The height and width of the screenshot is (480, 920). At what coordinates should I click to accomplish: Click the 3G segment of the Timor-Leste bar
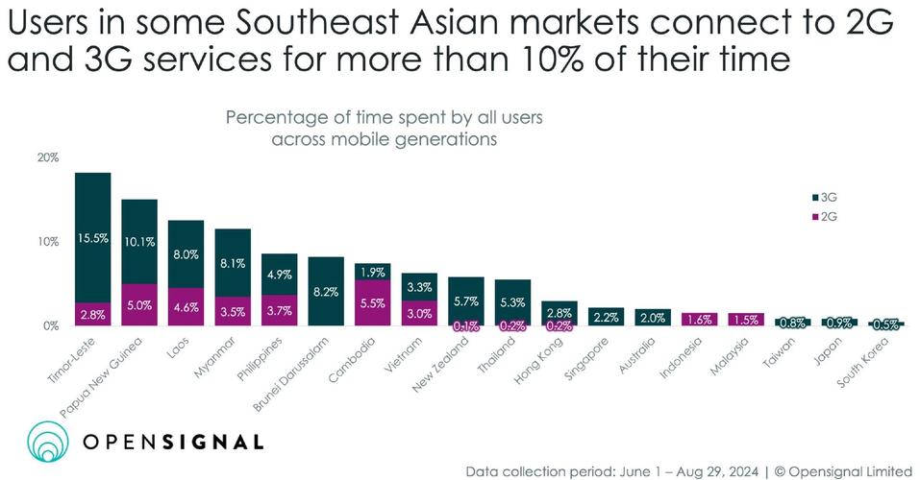93,237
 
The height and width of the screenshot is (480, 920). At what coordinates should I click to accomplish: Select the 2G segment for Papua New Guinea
139,304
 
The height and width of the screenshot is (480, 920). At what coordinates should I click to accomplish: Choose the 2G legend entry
825,216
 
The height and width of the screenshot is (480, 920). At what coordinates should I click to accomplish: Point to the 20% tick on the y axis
48,157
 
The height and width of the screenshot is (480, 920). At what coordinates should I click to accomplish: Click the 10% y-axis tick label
48,242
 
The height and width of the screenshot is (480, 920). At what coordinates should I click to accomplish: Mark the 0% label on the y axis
51,326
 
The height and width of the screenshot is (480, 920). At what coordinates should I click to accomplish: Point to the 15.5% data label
93,236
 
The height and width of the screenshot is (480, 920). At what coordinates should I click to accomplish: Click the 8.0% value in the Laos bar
186,255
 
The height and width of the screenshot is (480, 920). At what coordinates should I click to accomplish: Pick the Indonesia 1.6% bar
700,320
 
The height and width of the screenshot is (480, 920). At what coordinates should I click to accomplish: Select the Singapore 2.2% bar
607,317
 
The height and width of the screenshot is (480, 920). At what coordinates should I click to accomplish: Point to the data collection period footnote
687,470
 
